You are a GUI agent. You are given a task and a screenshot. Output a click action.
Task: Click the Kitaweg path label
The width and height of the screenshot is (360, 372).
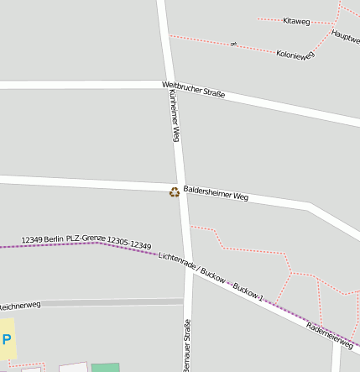(x=296, y=20)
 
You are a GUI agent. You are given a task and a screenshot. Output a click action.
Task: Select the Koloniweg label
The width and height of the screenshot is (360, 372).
(x=295, y=54)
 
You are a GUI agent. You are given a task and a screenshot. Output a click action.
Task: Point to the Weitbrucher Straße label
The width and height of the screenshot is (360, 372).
(x=193, y=90)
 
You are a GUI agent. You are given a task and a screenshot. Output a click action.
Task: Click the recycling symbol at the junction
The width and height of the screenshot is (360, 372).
(x=175, y=192)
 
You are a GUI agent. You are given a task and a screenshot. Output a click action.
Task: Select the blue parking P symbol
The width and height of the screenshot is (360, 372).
(x=7, y=339)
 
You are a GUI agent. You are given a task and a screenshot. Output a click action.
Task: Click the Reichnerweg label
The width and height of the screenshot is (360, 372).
(x=20, y=306)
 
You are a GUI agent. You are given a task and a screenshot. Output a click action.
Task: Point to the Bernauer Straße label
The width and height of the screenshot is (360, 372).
(x=186, y=344)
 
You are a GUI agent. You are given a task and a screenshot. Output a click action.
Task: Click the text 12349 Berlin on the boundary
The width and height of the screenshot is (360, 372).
(x=43, y=238)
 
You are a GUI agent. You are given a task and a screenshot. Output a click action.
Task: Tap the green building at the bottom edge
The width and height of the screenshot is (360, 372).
(x=105, y=368)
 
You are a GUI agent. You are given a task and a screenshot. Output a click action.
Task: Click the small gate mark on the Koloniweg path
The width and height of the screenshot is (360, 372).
(x=233, y=44)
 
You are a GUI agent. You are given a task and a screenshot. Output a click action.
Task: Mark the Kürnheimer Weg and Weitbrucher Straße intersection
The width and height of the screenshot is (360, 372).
(x=169, y=86)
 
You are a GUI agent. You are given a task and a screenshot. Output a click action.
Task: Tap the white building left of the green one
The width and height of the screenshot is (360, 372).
(x=73, y=367)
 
